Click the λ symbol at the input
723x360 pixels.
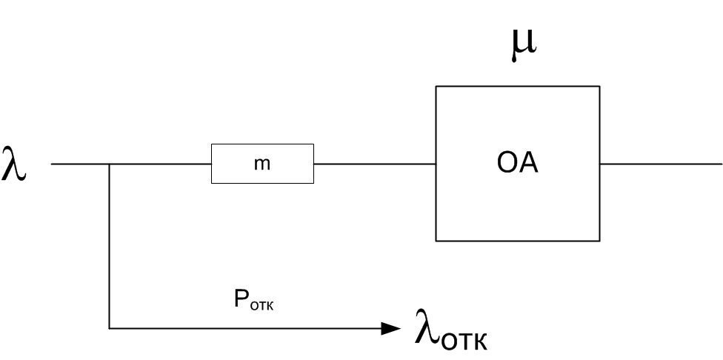point(15,164)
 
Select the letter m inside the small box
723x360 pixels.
point(262,164)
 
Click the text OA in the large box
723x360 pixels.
point(517,164)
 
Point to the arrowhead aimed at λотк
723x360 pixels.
point(391,327)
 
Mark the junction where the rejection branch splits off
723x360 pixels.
point(110,164)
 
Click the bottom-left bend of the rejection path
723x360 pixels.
point(110,327)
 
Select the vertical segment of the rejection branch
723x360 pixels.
point(110,244)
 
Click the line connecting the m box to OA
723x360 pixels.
point(374,164)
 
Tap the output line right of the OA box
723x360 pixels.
point(659,164)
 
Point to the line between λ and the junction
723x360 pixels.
point(80,164)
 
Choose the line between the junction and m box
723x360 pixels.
point(160,164)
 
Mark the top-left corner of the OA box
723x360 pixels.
point(436,87)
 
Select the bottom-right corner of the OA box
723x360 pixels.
point(599,241)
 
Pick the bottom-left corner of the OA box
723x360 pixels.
point(436,241)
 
